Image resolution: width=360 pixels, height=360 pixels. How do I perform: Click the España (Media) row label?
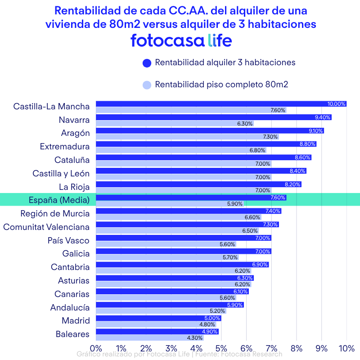click(59, 200)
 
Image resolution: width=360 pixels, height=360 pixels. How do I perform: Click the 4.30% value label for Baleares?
click(195, 338)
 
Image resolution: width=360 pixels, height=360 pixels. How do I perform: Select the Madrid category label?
click(76, 321)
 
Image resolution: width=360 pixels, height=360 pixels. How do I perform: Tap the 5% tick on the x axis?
click(221, 348)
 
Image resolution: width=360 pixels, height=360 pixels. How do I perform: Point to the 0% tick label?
click(96, 348)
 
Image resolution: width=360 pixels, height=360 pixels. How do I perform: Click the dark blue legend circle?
click(146, 63)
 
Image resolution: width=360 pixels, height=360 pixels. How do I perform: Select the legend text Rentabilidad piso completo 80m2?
click(221, 84)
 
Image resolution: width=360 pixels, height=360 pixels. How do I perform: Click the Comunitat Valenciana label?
click(46, 227)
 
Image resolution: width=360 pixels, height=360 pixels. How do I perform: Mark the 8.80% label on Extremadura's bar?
click(307, 144)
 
